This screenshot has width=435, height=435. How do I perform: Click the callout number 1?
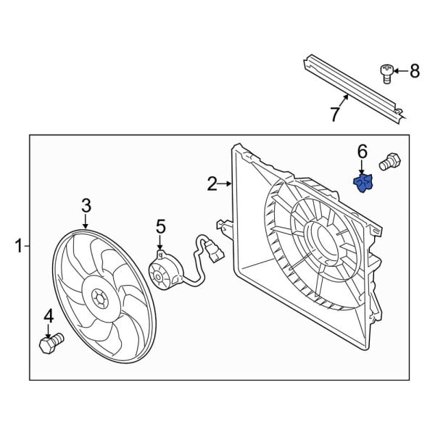[x=19, y=247]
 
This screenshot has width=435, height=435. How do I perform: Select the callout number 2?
[x=212, y=184]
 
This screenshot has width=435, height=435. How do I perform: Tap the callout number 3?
[x=86, y=206]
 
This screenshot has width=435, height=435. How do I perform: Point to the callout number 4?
[x=49, y=315]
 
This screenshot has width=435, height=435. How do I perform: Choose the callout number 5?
[x=161, y=228]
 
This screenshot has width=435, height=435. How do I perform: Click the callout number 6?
[x=362, y=152]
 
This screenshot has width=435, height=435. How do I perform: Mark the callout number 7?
[x=335, y=114]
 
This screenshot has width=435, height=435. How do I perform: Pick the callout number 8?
[x=415, y=70]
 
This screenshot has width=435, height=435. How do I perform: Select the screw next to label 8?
[x=387, y=72]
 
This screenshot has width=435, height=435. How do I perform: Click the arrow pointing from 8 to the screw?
[x=400, y=70]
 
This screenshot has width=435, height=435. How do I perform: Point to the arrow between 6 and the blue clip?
[x=362, y=167]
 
